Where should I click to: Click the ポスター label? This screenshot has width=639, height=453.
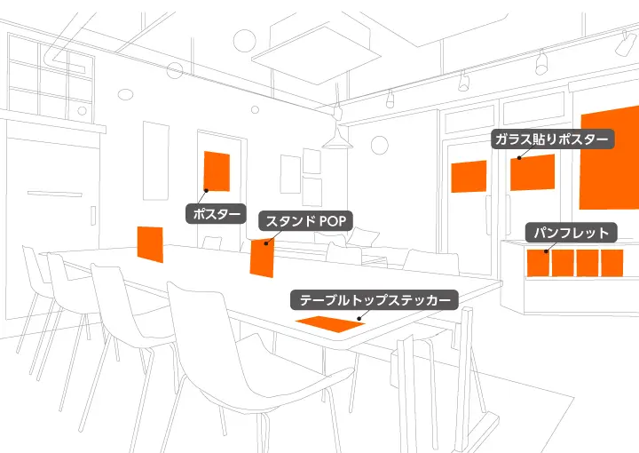pos(216,213)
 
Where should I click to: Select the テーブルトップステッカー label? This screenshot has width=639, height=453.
pos(376,299)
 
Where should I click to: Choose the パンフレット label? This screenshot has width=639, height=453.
pos(572,234)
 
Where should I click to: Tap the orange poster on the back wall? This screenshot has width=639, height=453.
pos(217,171)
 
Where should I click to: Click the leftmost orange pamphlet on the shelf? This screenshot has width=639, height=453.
pos(539,263)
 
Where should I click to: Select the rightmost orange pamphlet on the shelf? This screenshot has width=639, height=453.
pos(613,263)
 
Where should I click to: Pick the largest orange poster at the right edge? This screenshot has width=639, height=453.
pos(610,160)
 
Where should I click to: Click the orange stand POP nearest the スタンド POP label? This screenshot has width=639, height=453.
pos(262,258)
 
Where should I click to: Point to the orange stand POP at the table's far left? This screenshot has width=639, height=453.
pos(150,244)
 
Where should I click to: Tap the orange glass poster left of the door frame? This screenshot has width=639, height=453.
pos(469,177)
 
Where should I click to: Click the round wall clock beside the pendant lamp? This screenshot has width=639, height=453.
pos(380,145)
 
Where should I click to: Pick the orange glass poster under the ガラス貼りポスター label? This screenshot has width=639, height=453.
pos(532,172)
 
